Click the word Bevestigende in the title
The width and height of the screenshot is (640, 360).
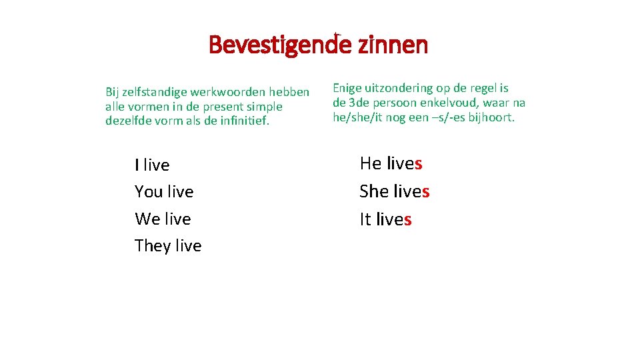280,45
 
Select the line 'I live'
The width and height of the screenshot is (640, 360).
152,165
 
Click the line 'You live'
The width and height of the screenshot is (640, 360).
164,192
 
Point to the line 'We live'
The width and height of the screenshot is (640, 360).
163,219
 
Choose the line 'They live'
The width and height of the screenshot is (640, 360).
168,246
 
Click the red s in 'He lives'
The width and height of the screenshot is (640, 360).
419,163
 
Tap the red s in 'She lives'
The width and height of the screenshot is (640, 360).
425,191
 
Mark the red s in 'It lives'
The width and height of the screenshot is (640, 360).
408,219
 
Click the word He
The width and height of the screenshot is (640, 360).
371,163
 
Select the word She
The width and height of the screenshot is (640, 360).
374,191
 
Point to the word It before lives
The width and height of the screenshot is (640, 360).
365,219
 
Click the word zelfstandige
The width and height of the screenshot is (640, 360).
155,92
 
